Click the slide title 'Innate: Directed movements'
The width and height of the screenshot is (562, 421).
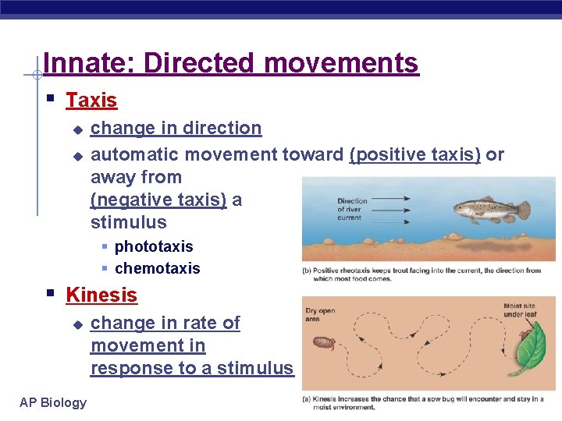pos(231,62)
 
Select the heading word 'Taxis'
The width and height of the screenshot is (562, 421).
pos(91,101)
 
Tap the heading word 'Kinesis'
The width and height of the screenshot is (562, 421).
pos(101,295)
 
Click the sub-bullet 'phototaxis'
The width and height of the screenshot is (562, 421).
pos(153,246)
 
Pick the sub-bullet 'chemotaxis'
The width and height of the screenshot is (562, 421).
pos(157,268)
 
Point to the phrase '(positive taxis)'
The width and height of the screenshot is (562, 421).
pos(415,154)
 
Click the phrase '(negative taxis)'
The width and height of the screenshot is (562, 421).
pos(158,200)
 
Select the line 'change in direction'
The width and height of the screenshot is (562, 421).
pos(176,128)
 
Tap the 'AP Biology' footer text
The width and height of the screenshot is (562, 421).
pos(53,402)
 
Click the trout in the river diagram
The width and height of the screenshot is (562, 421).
pos(488,209)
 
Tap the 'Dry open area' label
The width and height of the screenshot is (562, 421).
pos(320,314)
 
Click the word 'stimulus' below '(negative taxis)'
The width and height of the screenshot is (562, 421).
pos(128,222)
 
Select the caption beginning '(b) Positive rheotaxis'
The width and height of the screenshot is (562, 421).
pos(421,274)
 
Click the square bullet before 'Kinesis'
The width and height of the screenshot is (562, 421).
pos(50,294)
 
